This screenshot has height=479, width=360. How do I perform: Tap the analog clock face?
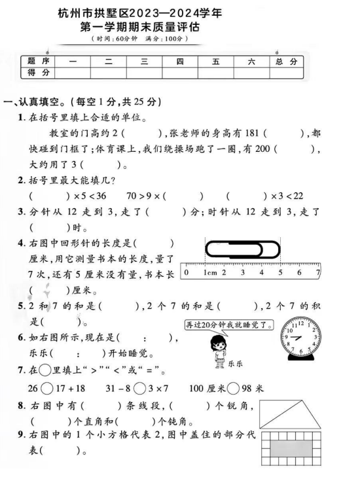click(x=300, y=338)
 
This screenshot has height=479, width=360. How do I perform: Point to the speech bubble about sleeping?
click(x=225, y=325)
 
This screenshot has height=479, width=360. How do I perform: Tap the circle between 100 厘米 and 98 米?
click(x=234, y=388)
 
